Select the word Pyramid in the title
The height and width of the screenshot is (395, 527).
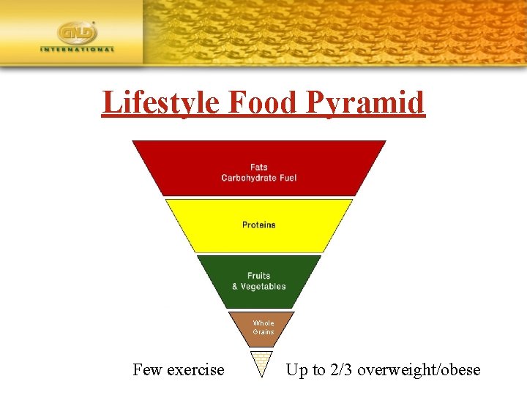pyautogui.click(x=367, y=102)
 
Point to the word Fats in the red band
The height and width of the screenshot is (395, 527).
pyautogui.click(x=258, y=167)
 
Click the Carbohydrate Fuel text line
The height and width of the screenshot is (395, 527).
pyautogui.click(x=258, y=178)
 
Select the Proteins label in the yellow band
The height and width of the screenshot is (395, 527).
pyautogui.click(x=258, y=225)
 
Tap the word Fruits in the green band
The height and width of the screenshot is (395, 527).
pyautogui.click(x=258, y=276)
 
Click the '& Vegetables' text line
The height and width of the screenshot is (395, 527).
pyautogui.click(x=258, y=286)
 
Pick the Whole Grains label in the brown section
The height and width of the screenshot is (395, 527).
pyautogui.click(x=263, y=328)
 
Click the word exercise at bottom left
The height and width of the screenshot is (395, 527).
pyautogui.click(x=196, y=370)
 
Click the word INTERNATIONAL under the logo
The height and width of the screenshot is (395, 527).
pyautogui.click(x=78, y=50)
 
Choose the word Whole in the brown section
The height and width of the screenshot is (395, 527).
pyautogui.click(x=263, y=323)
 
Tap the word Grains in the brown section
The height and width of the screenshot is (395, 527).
pyautogui.click(x=263, y=332)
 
